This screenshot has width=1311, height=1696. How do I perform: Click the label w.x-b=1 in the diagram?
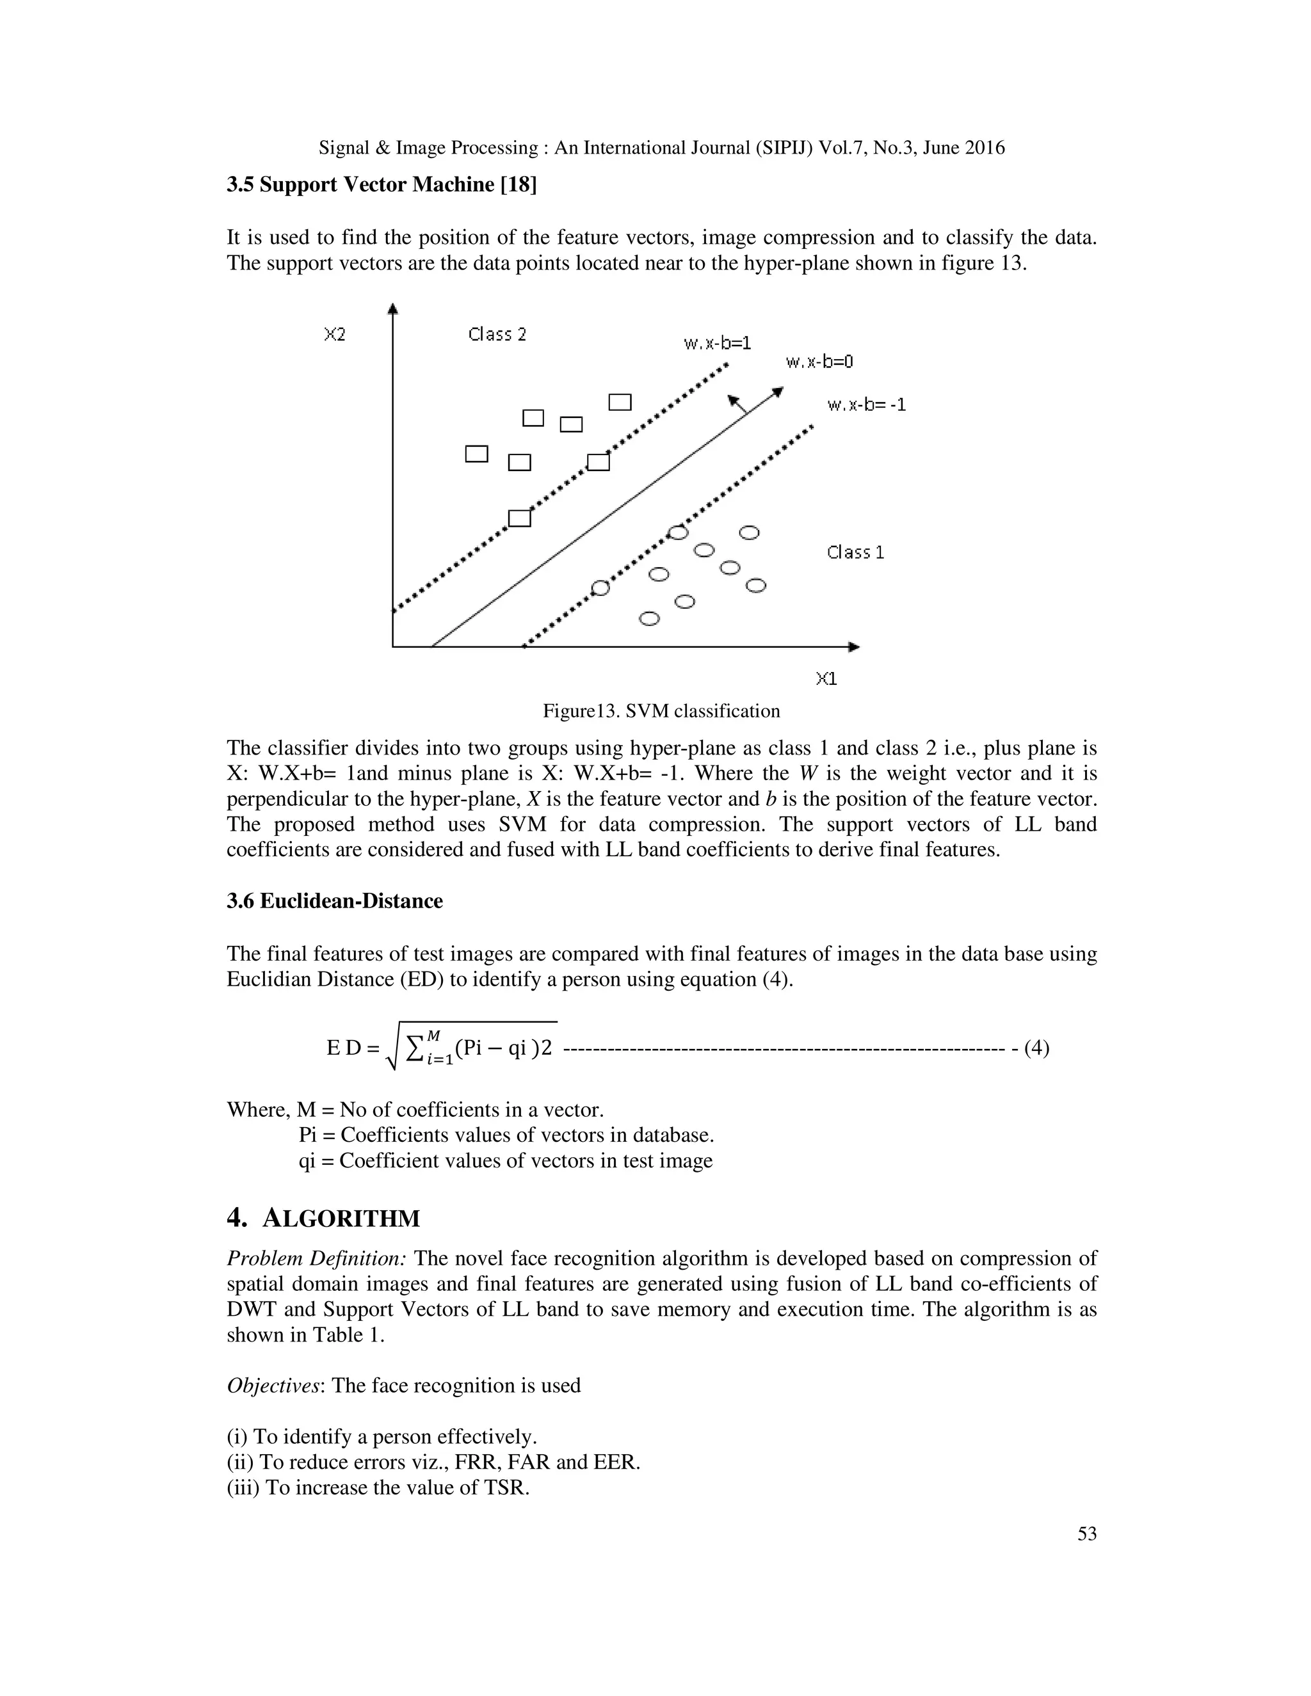pyautogui.click(x=717, y=342)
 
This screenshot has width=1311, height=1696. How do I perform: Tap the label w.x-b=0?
pyautogui.click(x=819, y=362)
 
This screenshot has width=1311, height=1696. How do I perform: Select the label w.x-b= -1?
pyautogui.click(x=866, y=404)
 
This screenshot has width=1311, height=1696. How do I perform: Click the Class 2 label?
pyautogui.click(x=497, y=335)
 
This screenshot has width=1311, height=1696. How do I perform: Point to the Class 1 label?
pyautogui.click(x=855, y=552)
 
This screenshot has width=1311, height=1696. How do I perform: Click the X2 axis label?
pyautogui.click(x=335, y=335)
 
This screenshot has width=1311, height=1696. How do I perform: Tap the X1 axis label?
pyautogui.click(x=826, y=678)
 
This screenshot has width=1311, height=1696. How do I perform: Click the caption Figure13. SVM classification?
pyautogui.click(x=661, y=710)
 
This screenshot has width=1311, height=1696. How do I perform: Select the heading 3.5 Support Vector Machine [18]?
pyautogui.click(x=382, y=185)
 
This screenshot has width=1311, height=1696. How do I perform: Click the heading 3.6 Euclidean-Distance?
pyautogui.click(x=335, y=901)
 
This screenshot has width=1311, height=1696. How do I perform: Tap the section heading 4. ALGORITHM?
pyautogui.click(x=323, y=1219)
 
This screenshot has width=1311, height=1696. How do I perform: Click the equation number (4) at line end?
pyautogui.click(x=1037, y=1048)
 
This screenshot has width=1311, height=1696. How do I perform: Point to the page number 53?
pyautogui.click(x=1086, y=1533)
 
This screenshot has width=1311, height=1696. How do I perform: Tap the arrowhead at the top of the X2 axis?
pyautogui.click(x=393, y=309)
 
